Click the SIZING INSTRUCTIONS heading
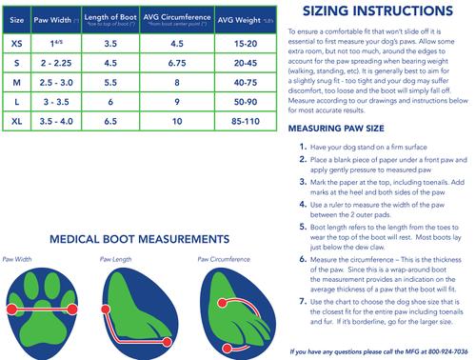(380, 14)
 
